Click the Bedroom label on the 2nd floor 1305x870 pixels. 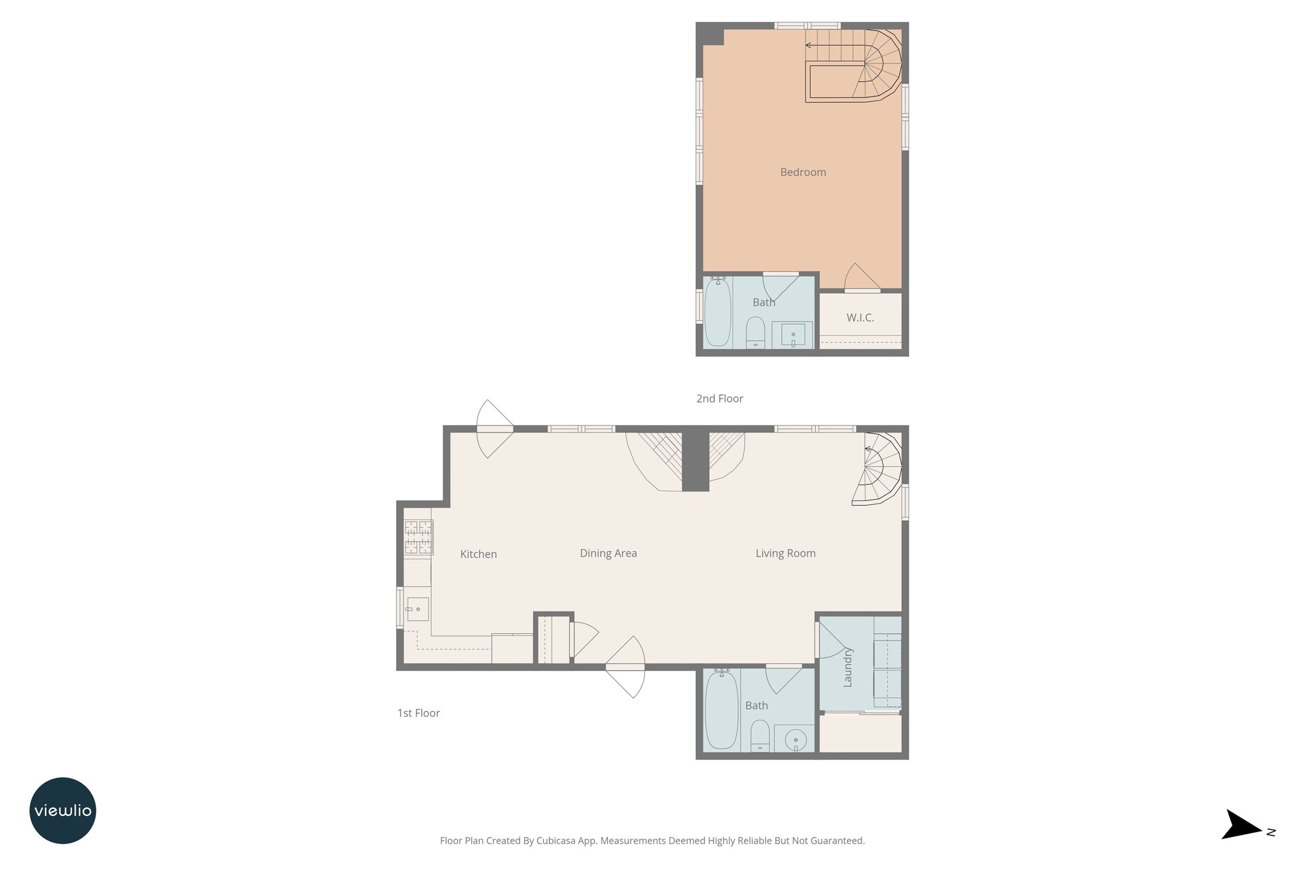click(803, 172)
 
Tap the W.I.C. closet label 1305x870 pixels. click(860, 318)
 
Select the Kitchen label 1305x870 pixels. click(479, 554)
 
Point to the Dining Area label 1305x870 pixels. click(608, 553)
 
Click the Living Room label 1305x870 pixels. click(786, 553)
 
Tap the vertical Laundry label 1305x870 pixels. click(848, 667)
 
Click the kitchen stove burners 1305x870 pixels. click(419, 537)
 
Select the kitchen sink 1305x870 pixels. click(417, 609)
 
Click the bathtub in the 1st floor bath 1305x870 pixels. click(721, 710)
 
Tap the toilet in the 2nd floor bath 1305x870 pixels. click(755, 332)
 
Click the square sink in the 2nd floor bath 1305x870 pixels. click(793, 335)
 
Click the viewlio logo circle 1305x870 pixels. click(63, 811)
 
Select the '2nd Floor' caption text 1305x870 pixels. click(719, 398)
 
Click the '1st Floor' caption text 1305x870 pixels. click(419, 713)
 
